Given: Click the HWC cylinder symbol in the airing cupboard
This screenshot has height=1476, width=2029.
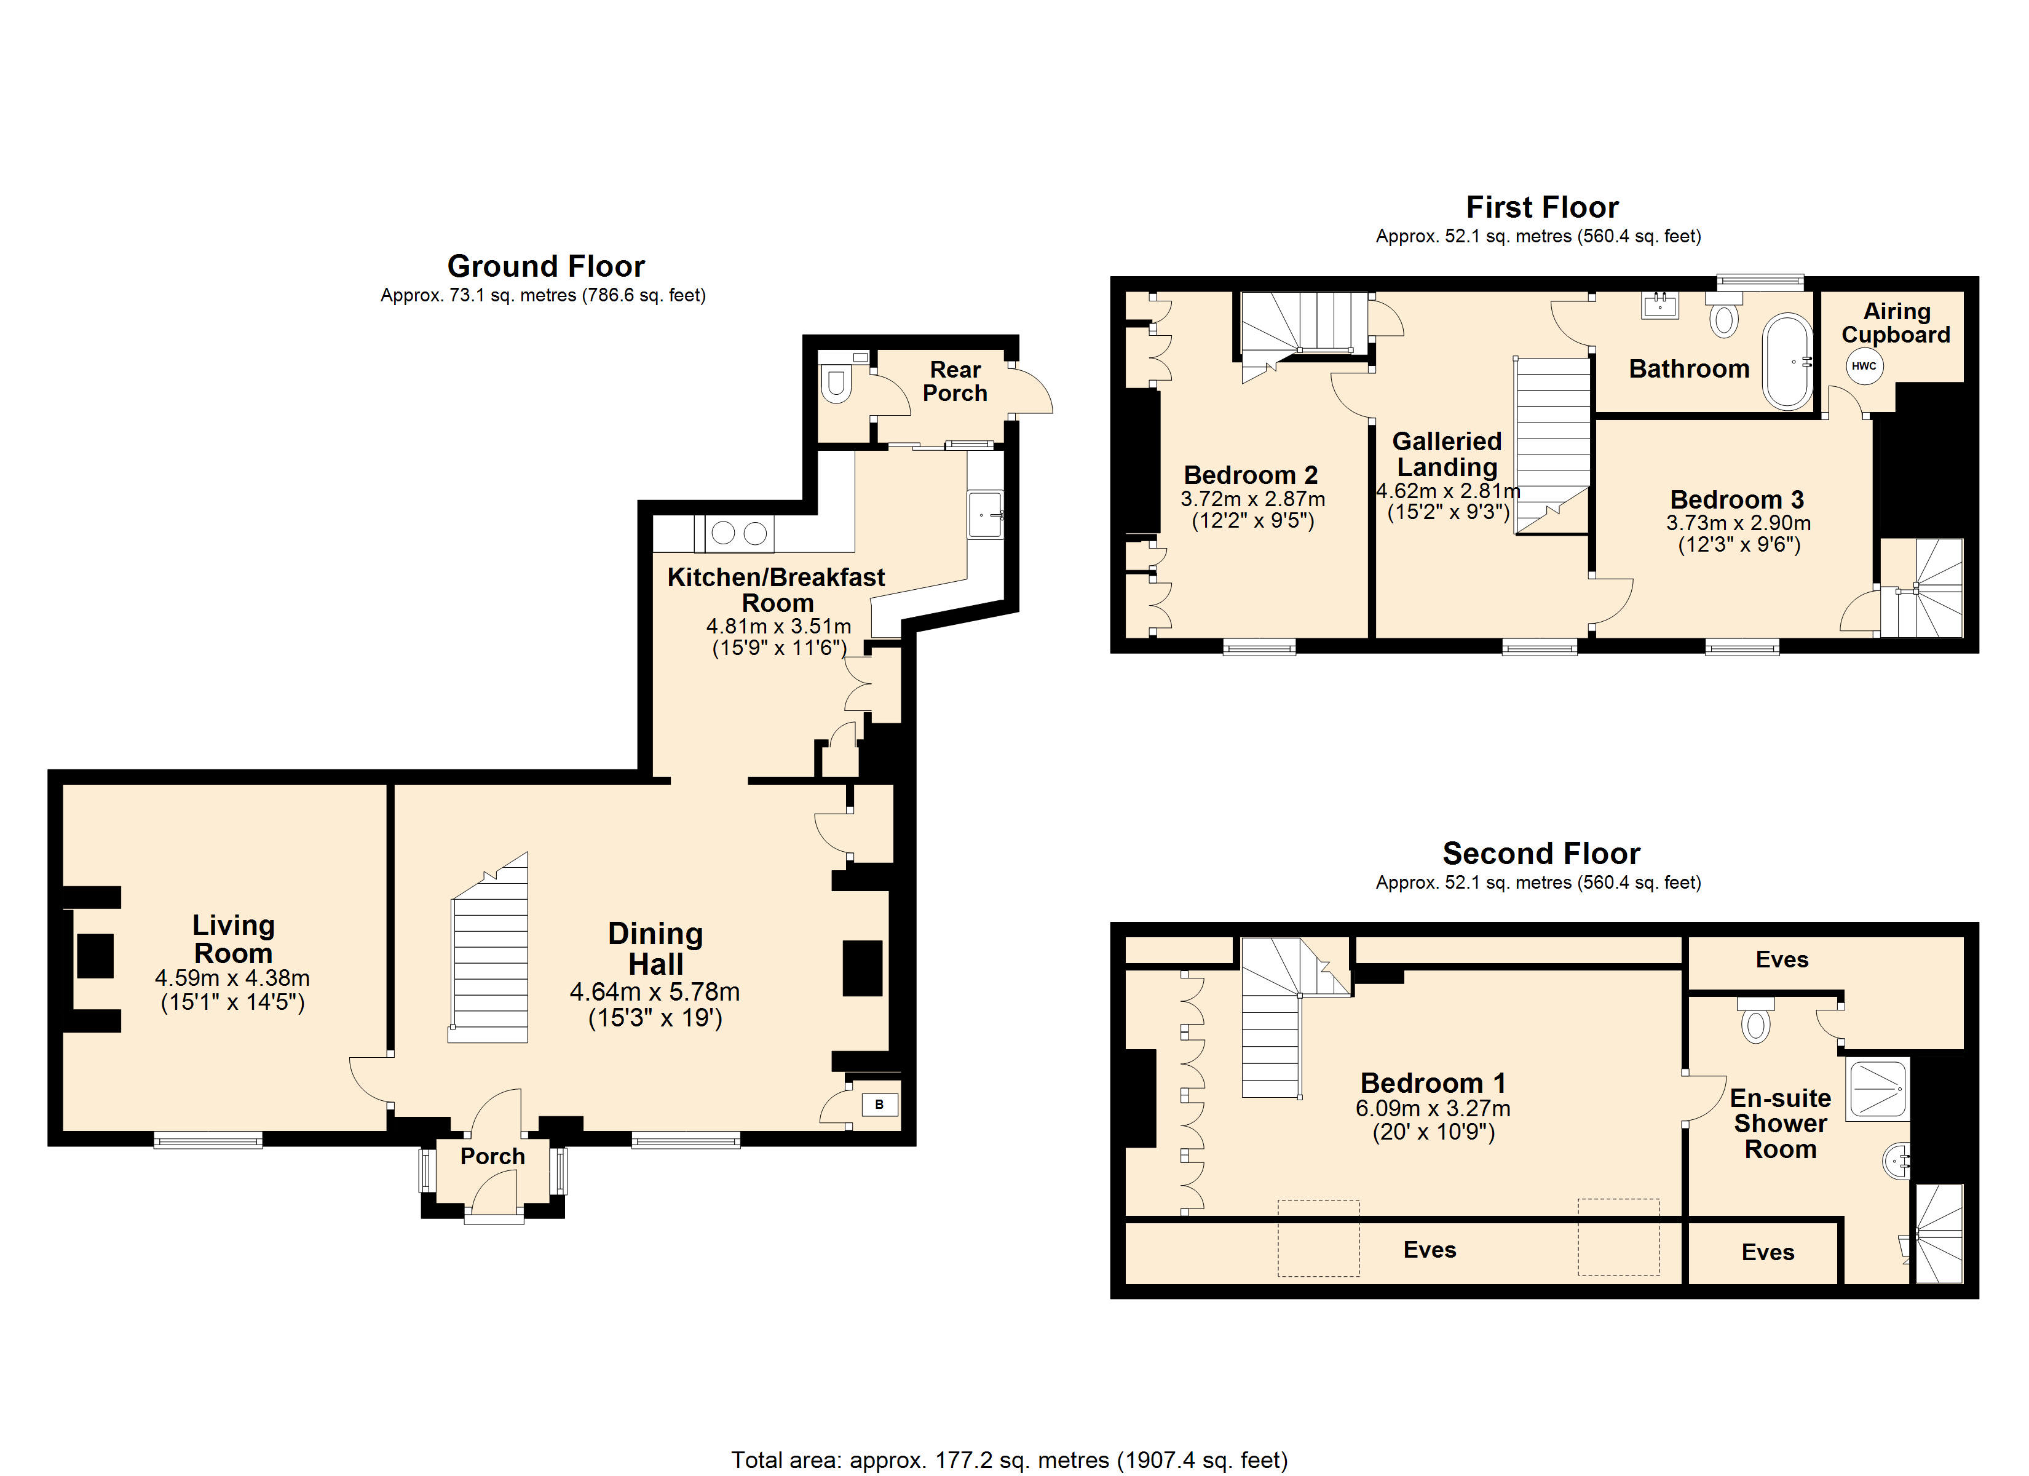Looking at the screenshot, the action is (1864, 366).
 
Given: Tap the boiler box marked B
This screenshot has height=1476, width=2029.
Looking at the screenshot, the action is (879, 1105).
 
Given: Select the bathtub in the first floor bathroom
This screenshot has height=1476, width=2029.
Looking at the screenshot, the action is (1787, 362).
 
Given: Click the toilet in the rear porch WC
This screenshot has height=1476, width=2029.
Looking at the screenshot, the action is (836, 384).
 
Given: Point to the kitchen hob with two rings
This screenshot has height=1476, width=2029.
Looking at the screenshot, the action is (739, 533).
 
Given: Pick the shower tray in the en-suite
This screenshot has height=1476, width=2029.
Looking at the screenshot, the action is (1878, 1089).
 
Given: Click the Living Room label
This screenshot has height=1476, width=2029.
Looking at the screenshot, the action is (234, 939).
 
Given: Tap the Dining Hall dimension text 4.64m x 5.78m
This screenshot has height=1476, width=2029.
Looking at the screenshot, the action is (655, 992).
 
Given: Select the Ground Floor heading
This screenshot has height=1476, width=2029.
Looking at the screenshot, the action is (546, 266).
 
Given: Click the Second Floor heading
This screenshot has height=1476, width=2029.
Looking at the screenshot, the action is (1541, 853).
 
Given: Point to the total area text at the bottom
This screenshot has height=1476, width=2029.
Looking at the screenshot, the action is (1009, 1460).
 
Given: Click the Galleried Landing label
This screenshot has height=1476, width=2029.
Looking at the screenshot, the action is (1447, 454).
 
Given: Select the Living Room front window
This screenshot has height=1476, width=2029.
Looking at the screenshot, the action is (208, 1140).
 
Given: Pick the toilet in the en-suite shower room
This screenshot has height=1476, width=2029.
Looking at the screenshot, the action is (1755, 1020).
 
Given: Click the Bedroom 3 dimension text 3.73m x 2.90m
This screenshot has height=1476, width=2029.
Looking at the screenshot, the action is (1738, 523).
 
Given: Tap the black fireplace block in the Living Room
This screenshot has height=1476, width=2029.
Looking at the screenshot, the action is (95, 956).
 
